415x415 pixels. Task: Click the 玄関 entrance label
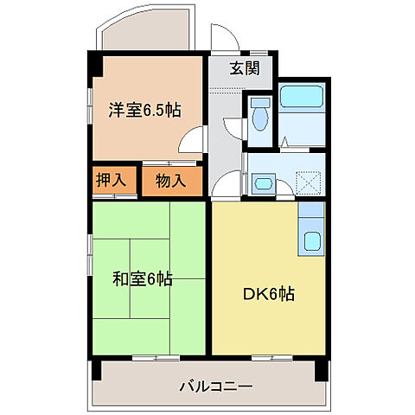(245, 69)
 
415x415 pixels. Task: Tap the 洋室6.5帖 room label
(144, 110)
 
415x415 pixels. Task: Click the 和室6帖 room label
(143, 279)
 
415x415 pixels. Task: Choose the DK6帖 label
(268, 294)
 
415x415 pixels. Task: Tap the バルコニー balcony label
(216, 386)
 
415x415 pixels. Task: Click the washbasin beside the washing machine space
(263, 183)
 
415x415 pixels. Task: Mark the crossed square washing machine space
(309, 182)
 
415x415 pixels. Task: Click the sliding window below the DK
(268, 356)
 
